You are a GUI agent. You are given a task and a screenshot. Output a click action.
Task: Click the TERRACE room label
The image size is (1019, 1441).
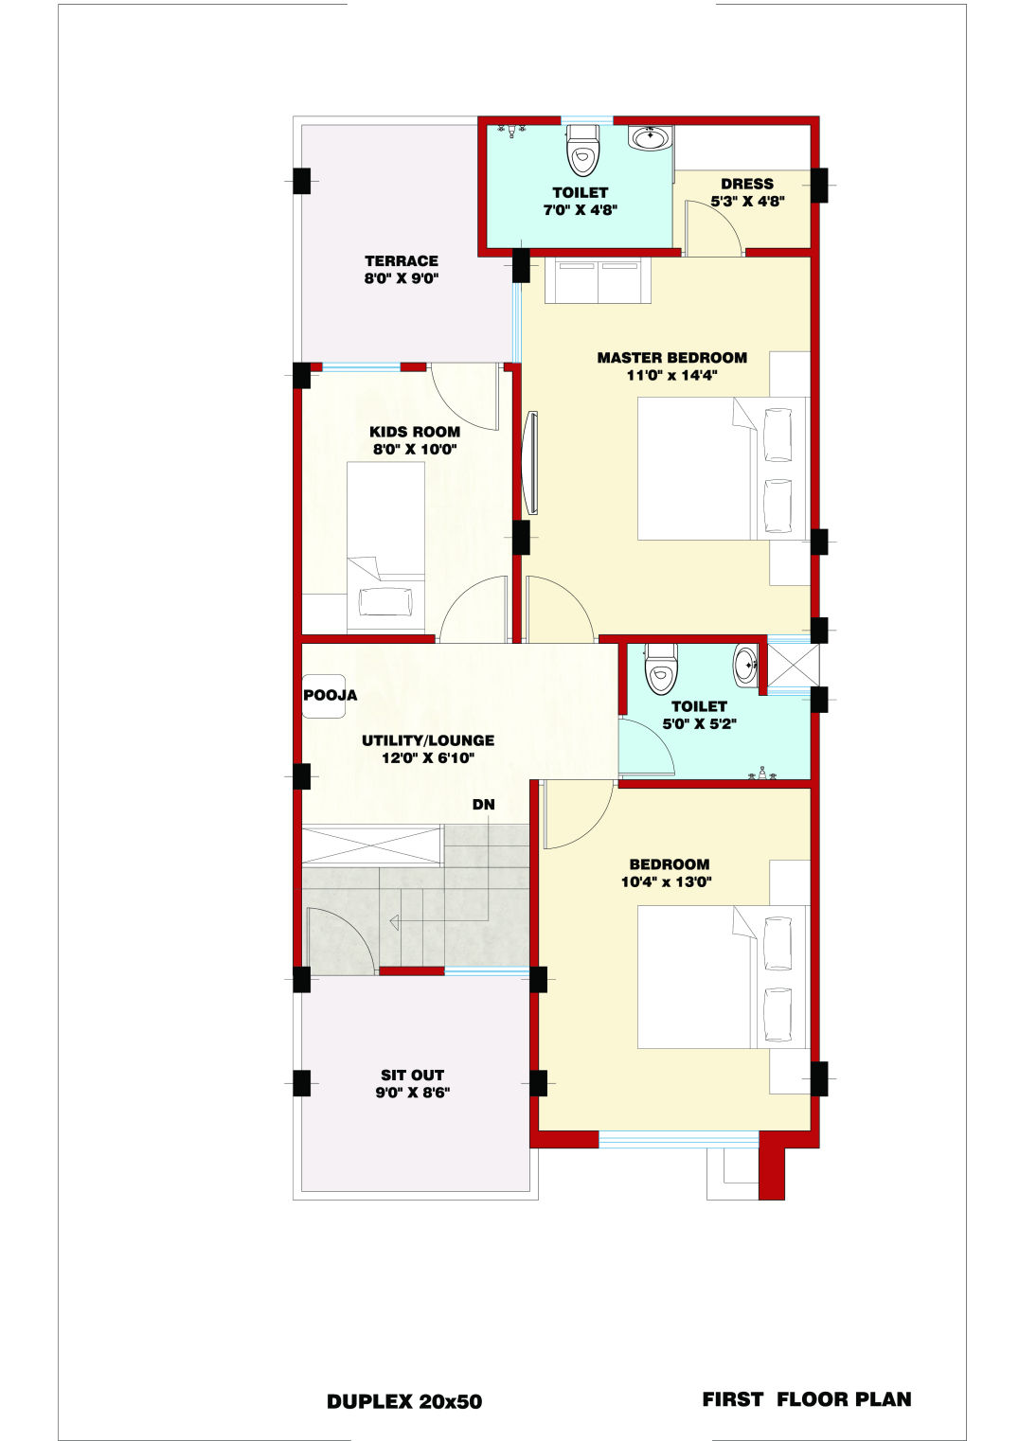(402, 261)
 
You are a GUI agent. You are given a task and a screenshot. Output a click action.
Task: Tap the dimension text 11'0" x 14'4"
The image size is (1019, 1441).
(671, 375)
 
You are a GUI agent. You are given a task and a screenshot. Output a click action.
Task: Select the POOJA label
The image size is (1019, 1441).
(330, 695)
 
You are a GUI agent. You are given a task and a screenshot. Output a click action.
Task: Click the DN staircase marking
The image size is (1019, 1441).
(483, 804)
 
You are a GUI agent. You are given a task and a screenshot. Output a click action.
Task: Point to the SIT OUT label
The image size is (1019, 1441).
(412, 1075)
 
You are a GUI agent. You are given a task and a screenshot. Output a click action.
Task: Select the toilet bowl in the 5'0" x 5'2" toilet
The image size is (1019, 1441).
(661, 669)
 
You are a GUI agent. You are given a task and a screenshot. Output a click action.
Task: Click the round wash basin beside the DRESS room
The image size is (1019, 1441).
(650, 138)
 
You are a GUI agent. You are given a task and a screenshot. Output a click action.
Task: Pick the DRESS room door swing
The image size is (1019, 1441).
(715, 225)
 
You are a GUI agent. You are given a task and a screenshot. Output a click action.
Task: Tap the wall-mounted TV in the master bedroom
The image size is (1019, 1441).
(531, 463)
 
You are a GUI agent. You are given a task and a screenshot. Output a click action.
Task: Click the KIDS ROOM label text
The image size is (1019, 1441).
(414, 432)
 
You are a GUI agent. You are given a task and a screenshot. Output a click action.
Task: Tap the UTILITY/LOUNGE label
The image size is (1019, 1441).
(428, 740)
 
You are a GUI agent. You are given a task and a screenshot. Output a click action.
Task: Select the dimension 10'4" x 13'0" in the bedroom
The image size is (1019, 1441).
(666, 881)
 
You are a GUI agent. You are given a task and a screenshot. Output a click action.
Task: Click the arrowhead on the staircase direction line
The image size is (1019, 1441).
(394, 923)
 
